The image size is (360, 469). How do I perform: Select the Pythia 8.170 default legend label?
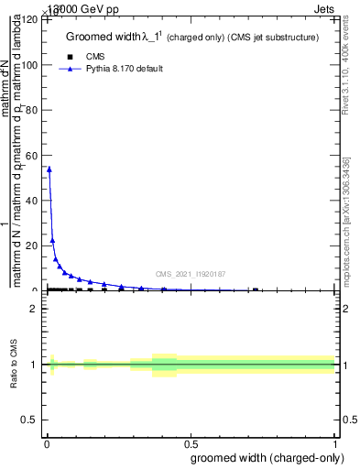click(x=125, y=69)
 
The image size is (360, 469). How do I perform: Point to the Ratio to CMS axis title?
click(x=15, y=365)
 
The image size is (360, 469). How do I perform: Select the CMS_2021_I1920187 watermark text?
click(x=191, y=274)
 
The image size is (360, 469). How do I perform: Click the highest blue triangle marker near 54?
click(x=49, y=169)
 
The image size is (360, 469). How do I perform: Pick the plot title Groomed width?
click(x=191, y=38)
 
